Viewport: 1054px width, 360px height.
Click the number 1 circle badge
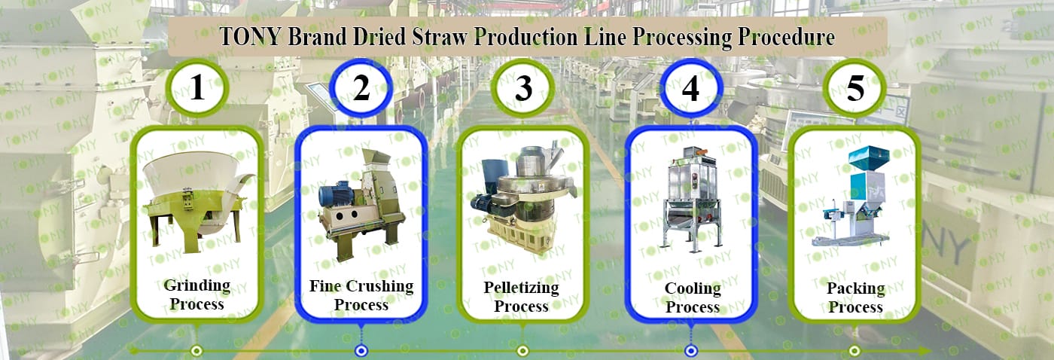pos(197,88)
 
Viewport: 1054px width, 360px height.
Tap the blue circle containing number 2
pos(361,88)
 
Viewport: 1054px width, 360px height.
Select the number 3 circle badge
pos(523,88)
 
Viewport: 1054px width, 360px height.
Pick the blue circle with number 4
pos(691,88)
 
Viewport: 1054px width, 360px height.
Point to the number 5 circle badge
pos(855,88)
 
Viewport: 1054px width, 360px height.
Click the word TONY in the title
pos(251,37)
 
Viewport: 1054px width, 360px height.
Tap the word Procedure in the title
pos(786,37)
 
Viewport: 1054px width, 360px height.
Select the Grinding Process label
pos(197,294)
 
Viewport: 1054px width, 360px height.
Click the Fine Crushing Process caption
pos(361,295)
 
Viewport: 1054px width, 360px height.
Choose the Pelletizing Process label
pos(521,297)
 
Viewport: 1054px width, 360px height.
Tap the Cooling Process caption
pos(693,297)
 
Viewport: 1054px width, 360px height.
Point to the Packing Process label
pos(855,297)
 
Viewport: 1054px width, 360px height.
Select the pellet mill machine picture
pos(522,197)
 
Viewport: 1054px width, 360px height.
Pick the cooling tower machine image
pos(692,197)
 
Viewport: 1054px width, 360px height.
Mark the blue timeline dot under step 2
pos(361,351)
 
